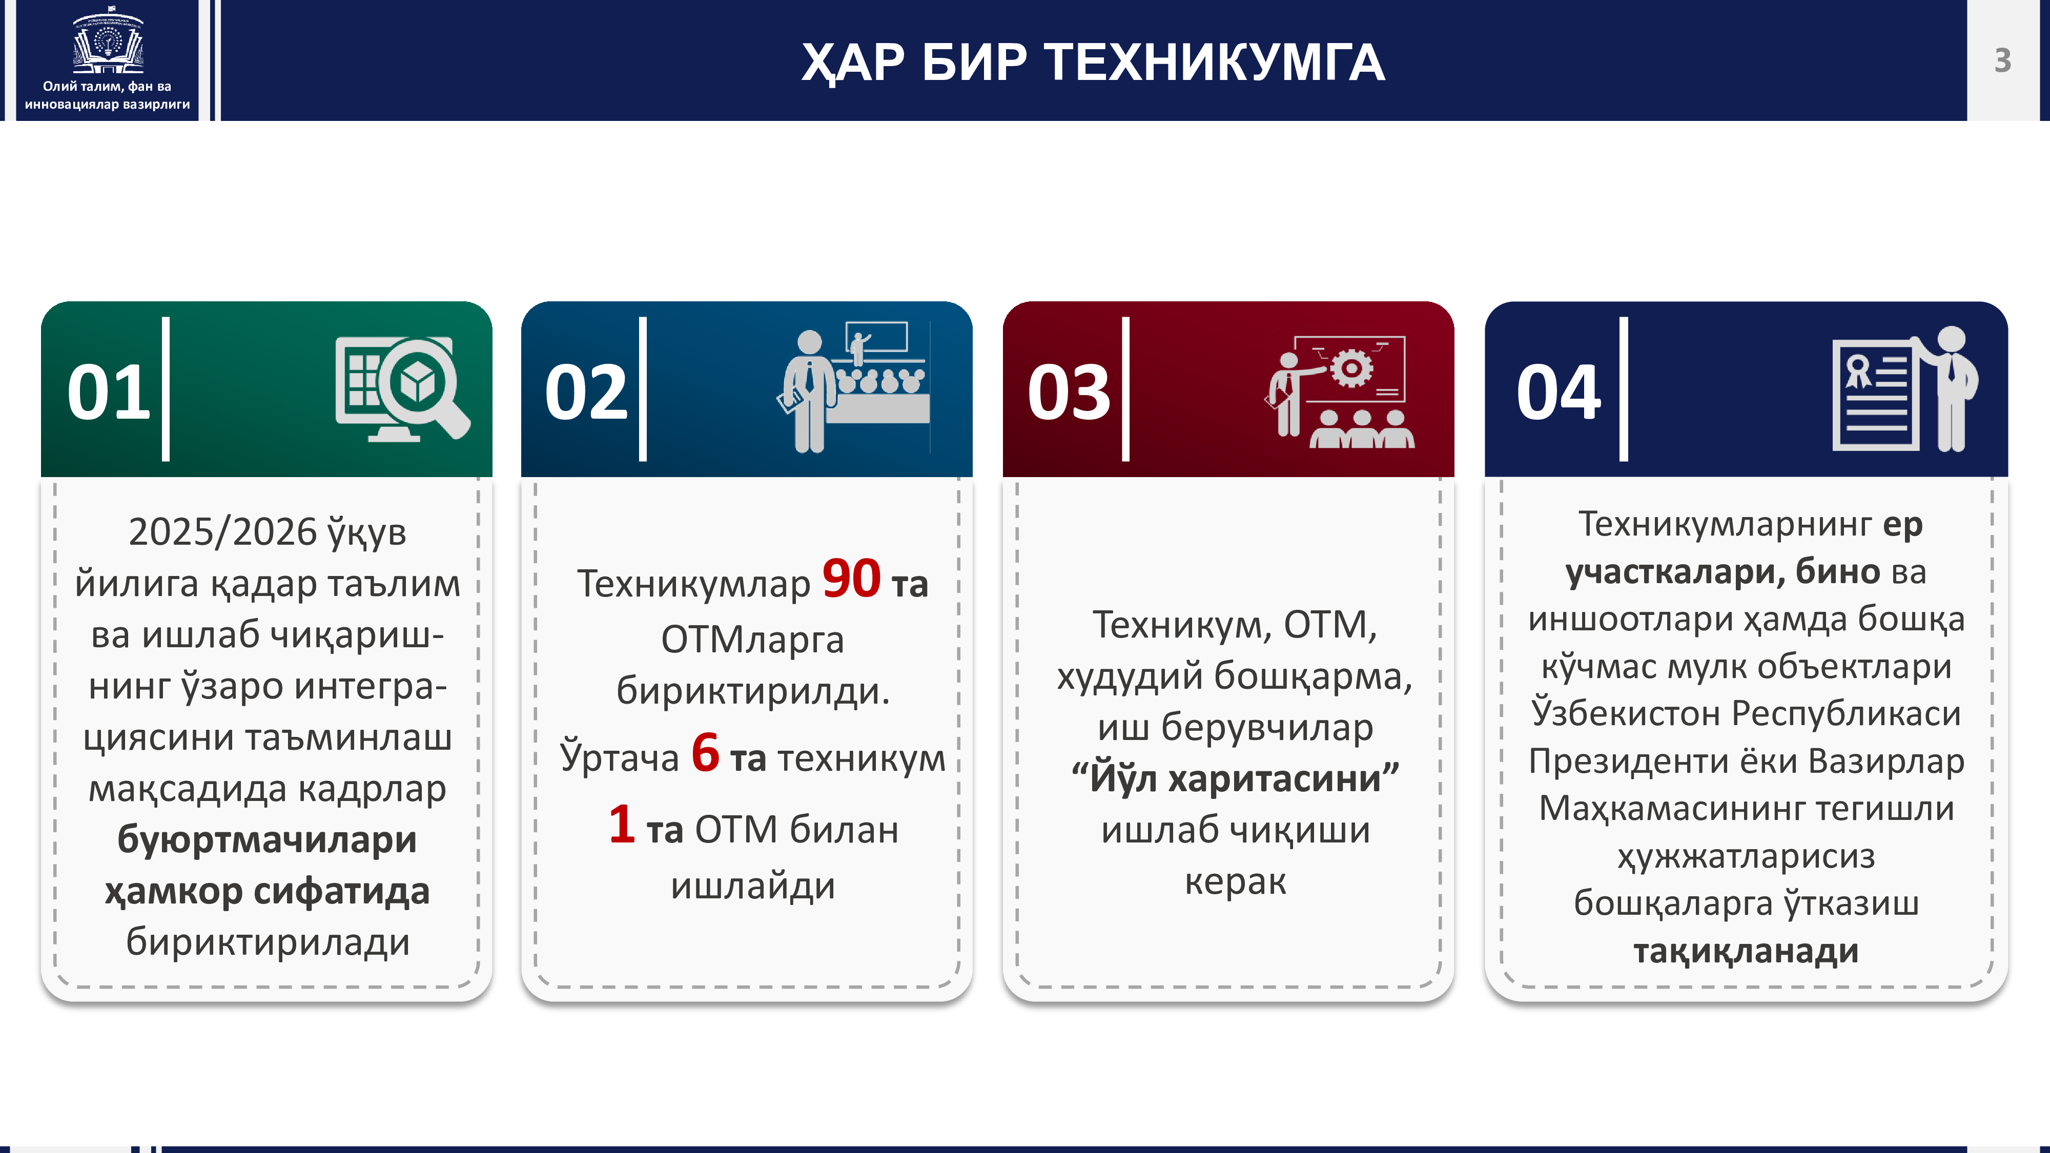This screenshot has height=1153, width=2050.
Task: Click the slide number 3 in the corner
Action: [x=2002, y=60]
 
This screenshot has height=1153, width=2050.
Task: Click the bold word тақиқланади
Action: [x=1746, y=951]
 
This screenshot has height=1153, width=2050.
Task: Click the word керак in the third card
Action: [x=1235, y=881]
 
